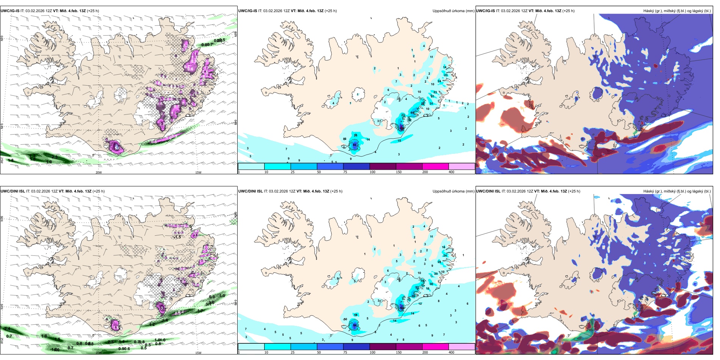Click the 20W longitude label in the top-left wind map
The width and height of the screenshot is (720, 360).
pos(99,172)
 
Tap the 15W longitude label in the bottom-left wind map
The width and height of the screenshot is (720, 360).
pos(198,353)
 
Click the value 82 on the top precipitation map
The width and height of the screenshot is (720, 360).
pos(355,145)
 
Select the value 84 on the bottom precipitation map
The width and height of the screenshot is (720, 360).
pos(355,325)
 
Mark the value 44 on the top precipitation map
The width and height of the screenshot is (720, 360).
pos(412,113)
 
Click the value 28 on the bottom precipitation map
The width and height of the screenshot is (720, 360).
pos(439,262)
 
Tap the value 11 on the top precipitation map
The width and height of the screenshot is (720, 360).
pos(432,57)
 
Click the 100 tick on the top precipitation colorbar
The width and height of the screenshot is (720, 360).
pos(373,172)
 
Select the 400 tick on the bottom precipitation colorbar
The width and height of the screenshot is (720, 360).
pos(451,352)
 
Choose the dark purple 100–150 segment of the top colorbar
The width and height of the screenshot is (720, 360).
pos(383,166)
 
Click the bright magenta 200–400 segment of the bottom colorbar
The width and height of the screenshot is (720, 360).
pos(435,347)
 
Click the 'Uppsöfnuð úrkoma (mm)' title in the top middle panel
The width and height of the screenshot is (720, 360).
pos(453,11)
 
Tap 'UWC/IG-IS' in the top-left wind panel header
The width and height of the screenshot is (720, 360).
pos(10,11)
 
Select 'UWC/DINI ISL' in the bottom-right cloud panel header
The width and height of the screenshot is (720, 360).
pos(488,191)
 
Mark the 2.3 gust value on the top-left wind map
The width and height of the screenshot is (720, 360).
pos(55,157)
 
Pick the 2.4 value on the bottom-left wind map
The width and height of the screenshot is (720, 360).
pos(7,329)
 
